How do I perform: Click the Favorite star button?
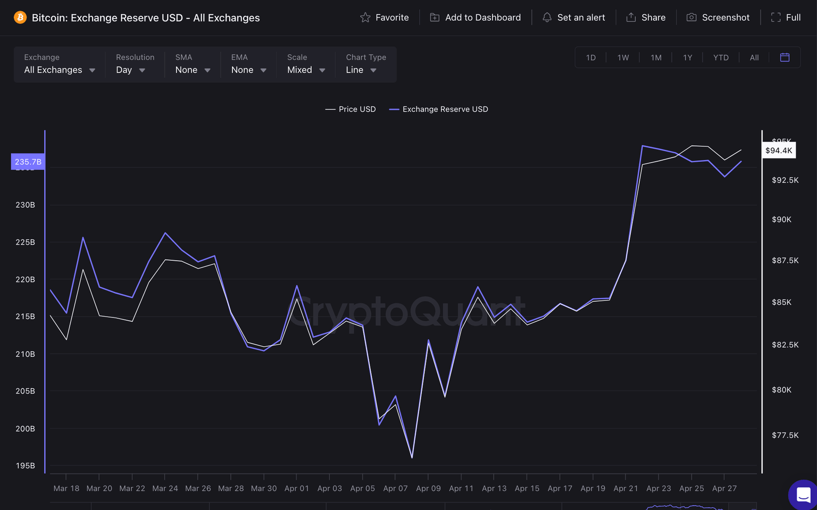point(385,18)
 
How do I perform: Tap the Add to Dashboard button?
point(475,18)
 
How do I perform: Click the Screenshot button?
point(718,18)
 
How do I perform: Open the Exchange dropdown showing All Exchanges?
point(60,70)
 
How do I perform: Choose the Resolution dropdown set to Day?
point(130,70)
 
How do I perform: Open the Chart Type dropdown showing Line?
point(361,70)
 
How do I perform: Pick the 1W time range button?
point(623,57)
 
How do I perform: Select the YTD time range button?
point(721,57)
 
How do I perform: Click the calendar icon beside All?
point(785,57)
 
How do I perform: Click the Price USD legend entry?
point(351,109)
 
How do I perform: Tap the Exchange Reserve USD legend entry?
point(439,109)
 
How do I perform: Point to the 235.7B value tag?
point(28,162)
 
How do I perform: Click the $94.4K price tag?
point(779,151)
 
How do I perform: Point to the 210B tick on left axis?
point(25,354)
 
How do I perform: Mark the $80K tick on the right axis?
point(781,390)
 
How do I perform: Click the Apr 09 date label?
point(428,488)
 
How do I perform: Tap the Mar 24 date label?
point(165,488)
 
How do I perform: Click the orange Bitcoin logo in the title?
point(20,18)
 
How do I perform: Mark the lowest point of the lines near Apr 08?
point(412,457)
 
